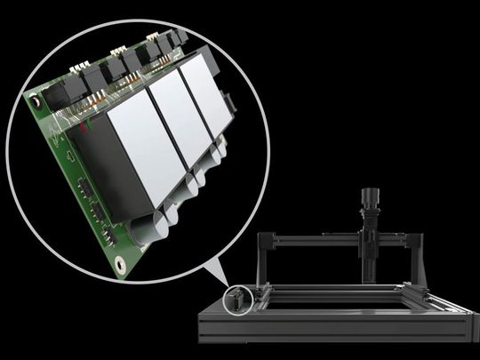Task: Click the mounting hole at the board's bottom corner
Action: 118,262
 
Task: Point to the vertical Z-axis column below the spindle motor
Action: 367,253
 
